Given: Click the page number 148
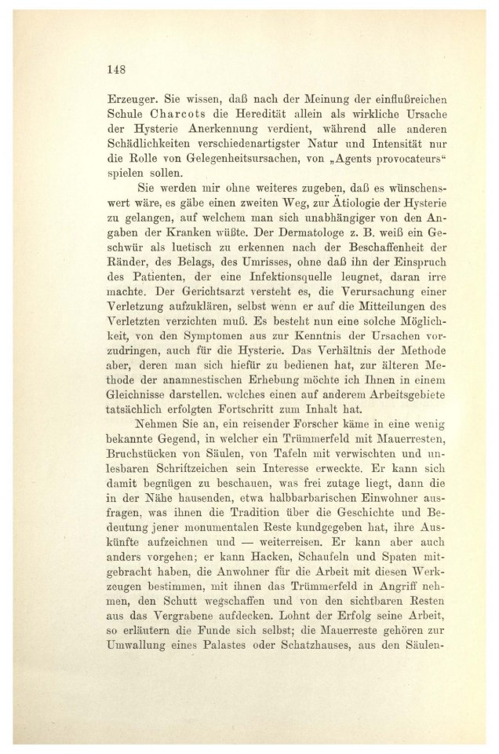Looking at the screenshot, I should pyautogui.click(x=115, y=68).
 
